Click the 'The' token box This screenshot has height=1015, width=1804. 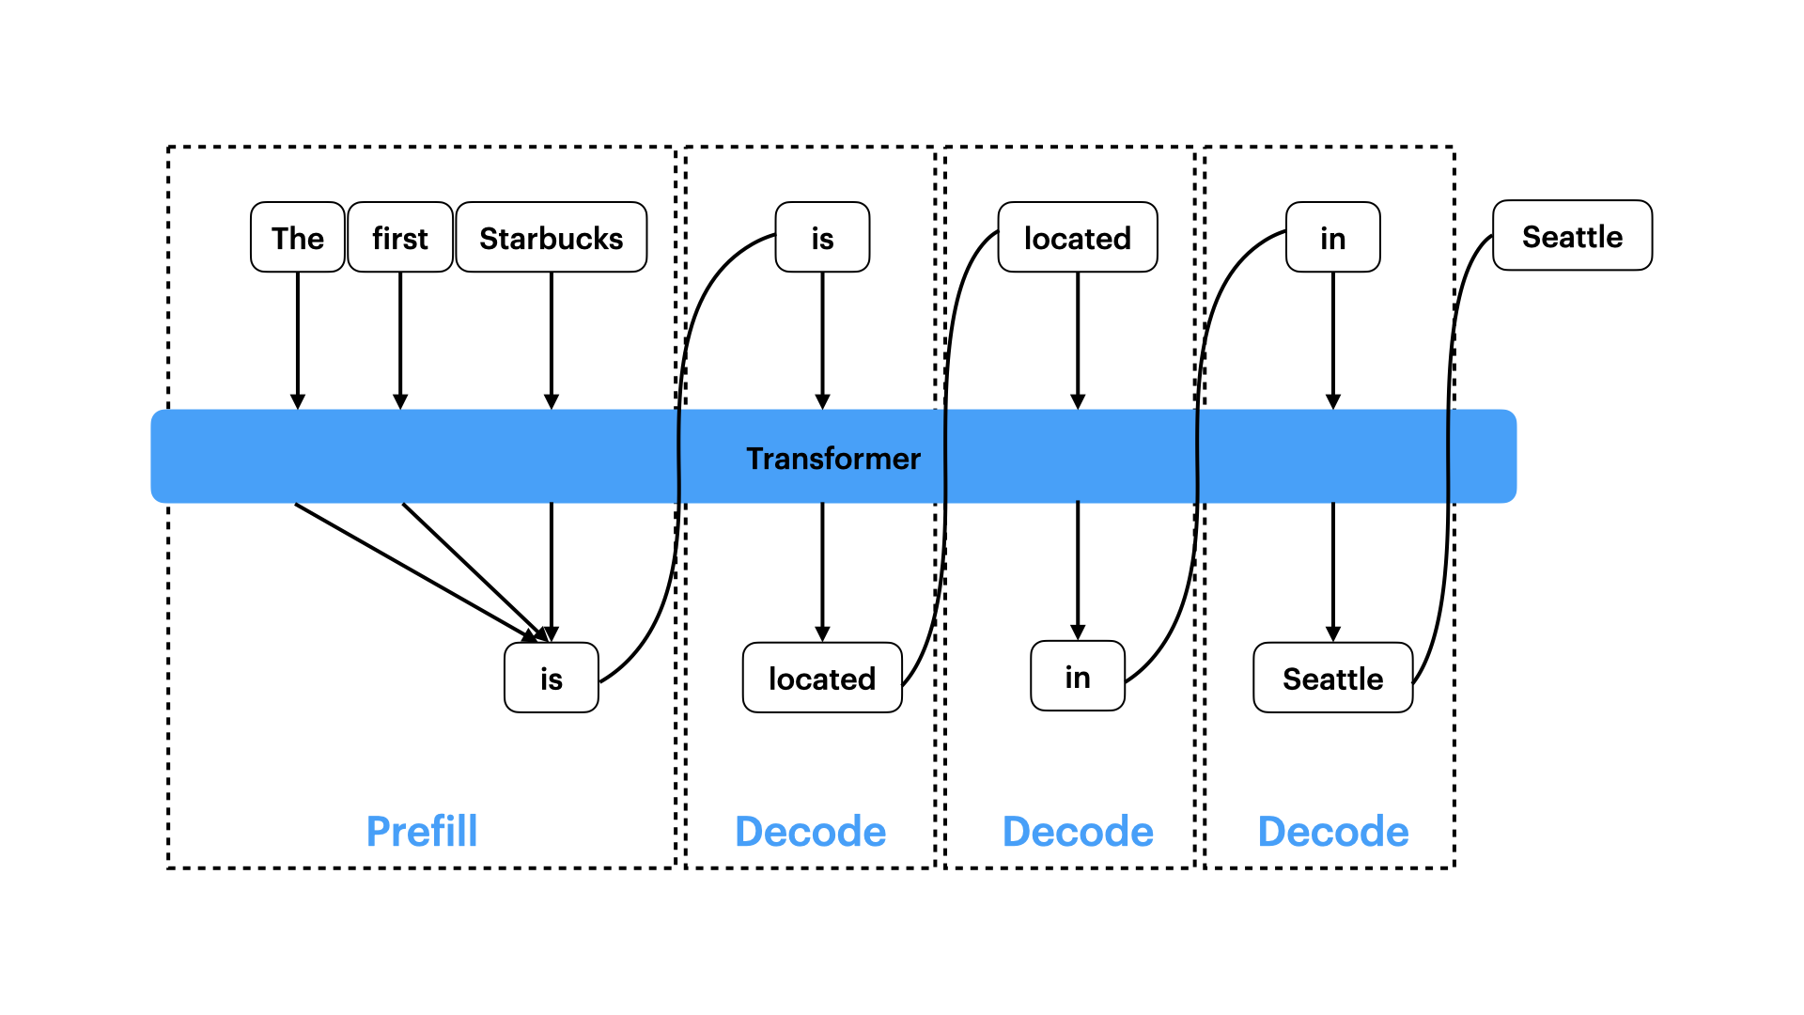(x=298, y=237)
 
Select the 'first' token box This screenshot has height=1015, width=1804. (x=400, y=237)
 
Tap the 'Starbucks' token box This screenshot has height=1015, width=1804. (x=552, y=237)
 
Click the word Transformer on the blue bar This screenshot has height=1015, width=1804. (x=833, y=459)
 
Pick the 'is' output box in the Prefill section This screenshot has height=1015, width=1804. (x=552, y=678)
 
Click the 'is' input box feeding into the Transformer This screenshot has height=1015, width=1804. (x=822, y=237)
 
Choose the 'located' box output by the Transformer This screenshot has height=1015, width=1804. (x=822, y=678)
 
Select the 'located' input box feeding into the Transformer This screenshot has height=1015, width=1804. (x=1078, y=237)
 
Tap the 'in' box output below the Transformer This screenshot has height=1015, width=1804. (x=1078, y=676)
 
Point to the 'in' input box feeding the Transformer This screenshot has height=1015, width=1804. (x=1333, y=237)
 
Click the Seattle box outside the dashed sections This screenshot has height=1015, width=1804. (x=1573, y=235)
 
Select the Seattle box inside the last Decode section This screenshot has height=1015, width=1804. (x=1333, y=678)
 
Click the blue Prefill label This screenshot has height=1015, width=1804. (x=422, y=832)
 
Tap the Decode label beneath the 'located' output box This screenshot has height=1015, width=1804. (x=811, y=832)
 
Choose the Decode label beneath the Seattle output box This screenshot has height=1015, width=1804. (x=1333, y=832)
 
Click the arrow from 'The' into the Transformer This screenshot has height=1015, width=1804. (x=298, y=341)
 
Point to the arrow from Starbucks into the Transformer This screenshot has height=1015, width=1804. (x=552, y=341)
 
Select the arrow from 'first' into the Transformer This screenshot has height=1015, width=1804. (x=400, y=341)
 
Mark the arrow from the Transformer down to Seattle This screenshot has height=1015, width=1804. (x=1333, y=572)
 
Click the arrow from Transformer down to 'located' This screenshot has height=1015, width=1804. (x=822, y=572)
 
